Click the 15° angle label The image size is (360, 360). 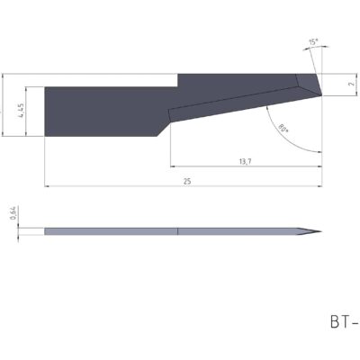(x=311, y=42)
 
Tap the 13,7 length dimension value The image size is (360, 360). (x=243, y=160)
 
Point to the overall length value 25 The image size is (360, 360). (x=186, y=181)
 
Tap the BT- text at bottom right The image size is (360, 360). (x=342, y=319)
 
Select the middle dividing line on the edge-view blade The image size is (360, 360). (x=179, y=232)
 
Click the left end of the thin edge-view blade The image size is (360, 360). (x=45, y=232)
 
